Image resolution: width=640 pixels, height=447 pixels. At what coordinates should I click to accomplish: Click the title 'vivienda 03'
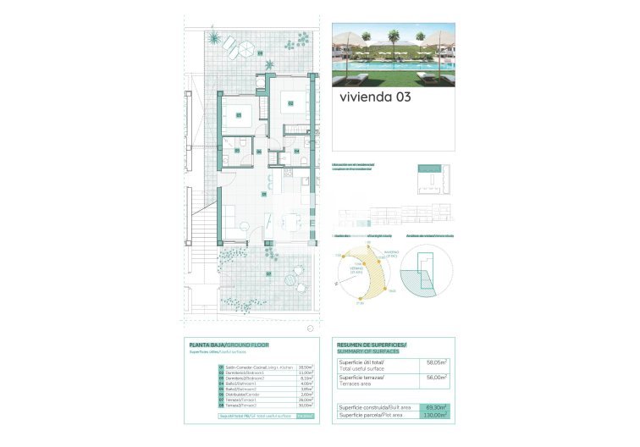pyautogui.click(x=375, y=97)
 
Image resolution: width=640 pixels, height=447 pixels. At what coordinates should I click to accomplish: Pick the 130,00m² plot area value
pyautogui.click(x=435, y=416)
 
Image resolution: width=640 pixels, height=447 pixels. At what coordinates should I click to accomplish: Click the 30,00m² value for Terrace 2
pyautogui.click(x=306, y=406)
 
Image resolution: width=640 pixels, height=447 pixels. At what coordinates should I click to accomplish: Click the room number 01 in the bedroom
pyautogui.click(x=239, y=115)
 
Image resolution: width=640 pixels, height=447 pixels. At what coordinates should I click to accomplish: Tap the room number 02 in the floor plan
pyautogui.click(x=290, y=103)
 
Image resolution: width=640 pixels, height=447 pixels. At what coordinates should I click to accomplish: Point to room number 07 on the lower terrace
pyautogui.click(x=268, y=274)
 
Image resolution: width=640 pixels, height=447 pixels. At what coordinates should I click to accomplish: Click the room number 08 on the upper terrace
pyautogui.click(x=260, y=53)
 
